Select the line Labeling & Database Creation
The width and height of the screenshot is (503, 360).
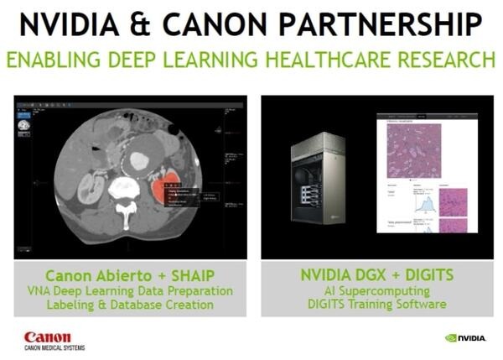(130, 304)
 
